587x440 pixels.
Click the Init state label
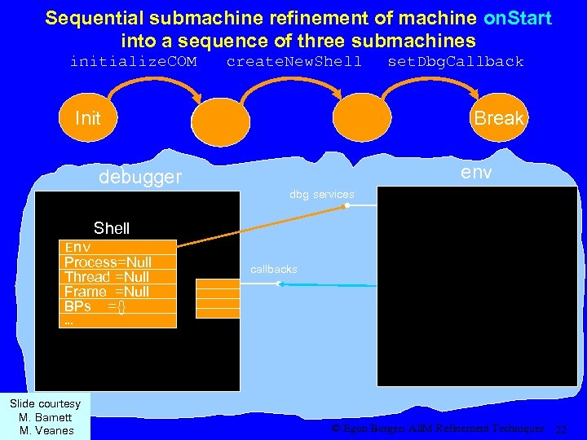click(87, 118)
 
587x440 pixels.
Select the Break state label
click(498, 118)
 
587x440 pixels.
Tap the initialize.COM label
click(133, 61)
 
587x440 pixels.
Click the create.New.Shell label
click(293, 61)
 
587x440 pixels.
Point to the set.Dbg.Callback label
click(455, 61)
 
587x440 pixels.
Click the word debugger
click(140, 177)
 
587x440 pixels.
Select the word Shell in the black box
click(112, 228)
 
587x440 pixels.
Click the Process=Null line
click(108, 262)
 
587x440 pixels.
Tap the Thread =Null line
click(107, 276)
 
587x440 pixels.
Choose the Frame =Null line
click(107, 291)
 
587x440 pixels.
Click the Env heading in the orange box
click(77, 247)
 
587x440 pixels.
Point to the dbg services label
click(321, 195)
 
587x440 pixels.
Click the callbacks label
click(274, 269)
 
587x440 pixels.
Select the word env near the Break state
click(475, 172)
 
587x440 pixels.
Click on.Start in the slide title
click(516, 18)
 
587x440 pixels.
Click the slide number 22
click(559, 429)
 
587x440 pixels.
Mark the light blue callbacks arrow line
click(326, 284)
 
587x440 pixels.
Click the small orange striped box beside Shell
click(218, 297)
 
